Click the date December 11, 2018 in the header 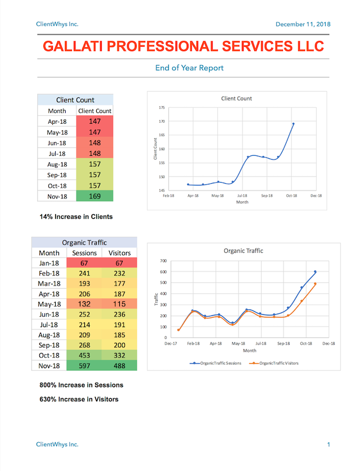tap(303, 24)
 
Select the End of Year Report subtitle tap(190, 68)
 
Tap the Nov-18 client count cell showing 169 tap(94, 196)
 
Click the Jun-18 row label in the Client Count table tap(57, 143)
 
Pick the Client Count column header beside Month tap(94, 111)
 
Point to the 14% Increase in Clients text tap(76, 216)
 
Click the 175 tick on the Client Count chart tap(161, 107)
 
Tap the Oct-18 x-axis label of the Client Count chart tap(291, 196)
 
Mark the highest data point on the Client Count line tap(293, 124)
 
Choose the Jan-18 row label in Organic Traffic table tap(49, 263)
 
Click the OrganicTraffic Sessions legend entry tap(217, 363)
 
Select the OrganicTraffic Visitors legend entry tap(276, 363)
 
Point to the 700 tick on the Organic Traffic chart tap(163, 261)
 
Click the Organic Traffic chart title tap(243, 251)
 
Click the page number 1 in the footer tap(328, 445)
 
